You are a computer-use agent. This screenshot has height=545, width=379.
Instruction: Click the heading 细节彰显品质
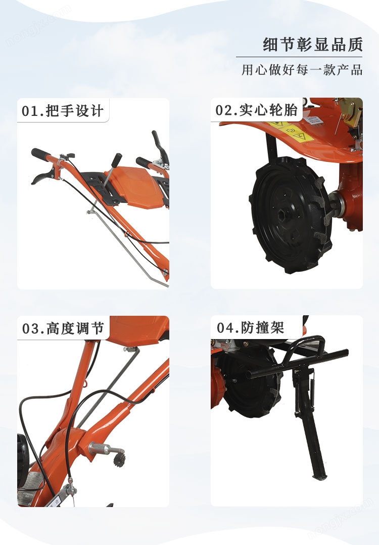click(313, 45)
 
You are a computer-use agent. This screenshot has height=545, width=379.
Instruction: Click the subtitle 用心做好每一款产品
click(302, 70)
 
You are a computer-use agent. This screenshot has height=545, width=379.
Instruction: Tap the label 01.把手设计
click(63, 111)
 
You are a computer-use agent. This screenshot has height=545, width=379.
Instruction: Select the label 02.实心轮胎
click(257, 110)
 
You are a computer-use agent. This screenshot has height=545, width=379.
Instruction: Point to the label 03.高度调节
click(63, 328)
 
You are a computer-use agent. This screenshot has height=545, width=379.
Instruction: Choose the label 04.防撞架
click(251, 327)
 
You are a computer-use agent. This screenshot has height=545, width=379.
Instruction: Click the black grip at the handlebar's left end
click(40, 154)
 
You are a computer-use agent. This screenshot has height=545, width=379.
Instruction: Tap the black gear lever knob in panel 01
click(117, 160)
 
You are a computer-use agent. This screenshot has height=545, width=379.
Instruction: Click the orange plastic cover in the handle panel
click(137, 186)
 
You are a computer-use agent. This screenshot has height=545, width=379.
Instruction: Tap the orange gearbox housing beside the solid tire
click(351, 198)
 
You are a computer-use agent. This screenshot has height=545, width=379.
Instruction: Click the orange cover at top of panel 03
click(139, 330)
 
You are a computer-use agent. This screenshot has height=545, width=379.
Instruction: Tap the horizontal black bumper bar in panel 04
click(297, 363)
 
